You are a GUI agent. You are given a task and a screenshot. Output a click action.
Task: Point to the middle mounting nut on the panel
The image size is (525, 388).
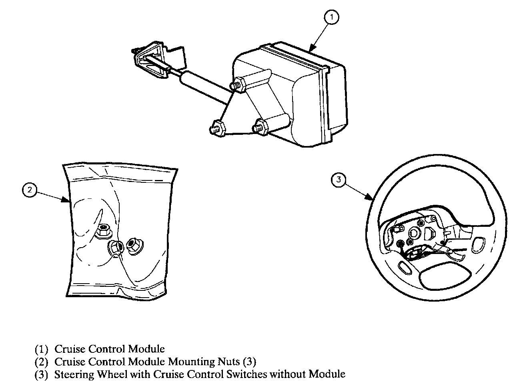115,248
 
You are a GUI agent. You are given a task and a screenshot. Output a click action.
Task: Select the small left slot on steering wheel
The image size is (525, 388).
405,267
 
